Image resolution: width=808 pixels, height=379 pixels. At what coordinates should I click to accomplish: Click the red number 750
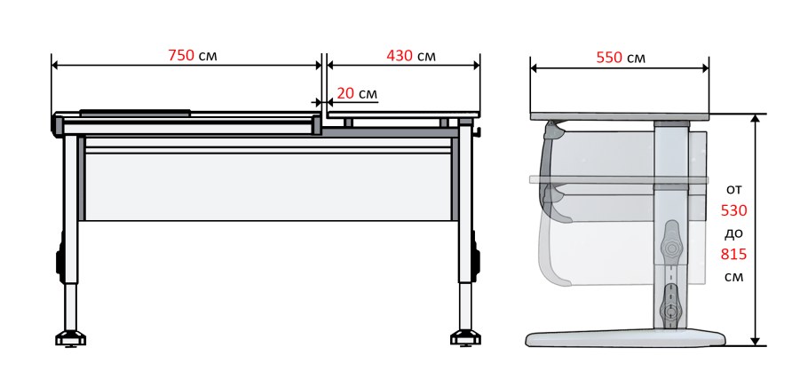click(181, 55)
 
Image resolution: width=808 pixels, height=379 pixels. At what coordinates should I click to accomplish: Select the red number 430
click(400, 56)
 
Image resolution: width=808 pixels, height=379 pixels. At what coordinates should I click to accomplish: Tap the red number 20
click(345, 93)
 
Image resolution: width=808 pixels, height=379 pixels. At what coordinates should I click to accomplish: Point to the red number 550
click(610, 57)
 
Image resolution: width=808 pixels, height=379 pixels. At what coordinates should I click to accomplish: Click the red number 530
click(733, 210)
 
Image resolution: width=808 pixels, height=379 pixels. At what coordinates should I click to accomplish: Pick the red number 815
click(733, 255)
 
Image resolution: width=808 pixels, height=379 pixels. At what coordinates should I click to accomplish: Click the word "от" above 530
click(733, 190)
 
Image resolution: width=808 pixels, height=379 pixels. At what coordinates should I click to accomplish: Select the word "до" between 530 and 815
click(733, 233)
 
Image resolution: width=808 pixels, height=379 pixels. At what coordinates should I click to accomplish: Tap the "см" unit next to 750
click(208, 56)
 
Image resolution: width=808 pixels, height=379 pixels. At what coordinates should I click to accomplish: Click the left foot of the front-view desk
click(71, 338)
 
